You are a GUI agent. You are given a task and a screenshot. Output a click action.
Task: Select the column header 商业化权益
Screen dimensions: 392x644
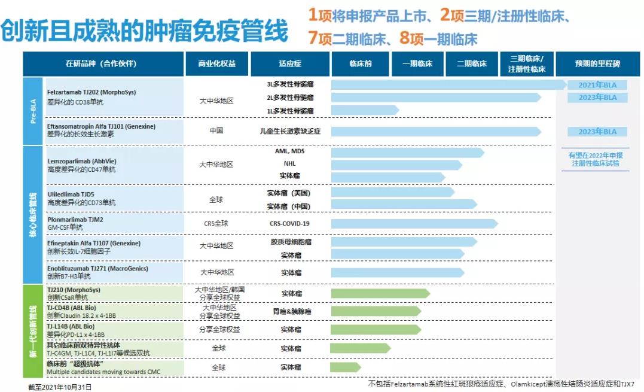click(x=216, y=63)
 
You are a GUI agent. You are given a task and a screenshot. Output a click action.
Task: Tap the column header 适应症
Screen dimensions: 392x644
click(x=290, y=63)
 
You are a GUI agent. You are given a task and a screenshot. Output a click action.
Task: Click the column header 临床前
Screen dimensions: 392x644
click(x=360, y=63)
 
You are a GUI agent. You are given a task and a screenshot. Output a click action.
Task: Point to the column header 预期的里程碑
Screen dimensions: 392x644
click(x=597, y=63)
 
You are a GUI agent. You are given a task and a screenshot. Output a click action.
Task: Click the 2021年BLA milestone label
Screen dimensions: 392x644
click(x=597, y=84)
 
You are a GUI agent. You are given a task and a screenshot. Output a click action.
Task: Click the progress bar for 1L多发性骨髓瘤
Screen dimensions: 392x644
click(x=365, y=110)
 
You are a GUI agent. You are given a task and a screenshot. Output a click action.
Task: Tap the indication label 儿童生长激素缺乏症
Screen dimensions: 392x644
click(x=290, y=131)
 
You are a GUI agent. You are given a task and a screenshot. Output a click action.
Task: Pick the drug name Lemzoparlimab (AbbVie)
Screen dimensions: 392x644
click(x=83, y=161)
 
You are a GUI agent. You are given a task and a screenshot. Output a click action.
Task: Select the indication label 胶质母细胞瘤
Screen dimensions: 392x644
click(x=290, y=242)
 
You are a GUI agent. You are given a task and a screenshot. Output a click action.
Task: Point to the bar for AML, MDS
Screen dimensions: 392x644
click(x=407, y=153)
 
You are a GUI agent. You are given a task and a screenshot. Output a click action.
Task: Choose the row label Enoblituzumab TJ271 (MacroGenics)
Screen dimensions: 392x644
click(x=97, y=269)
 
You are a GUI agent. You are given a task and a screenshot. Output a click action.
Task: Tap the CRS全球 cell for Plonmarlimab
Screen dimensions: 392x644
click(x=216, y=224)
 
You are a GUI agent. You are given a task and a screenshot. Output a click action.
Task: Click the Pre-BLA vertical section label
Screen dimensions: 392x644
click(x=33, y=111)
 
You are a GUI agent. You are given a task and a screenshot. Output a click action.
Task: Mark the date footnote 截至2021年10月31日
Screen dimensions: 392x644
click(x=60, y=387)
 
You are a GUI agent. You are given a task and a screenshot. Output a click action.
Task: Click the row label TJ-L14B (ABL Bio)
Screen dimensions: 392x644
click(x=71, y=326)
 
